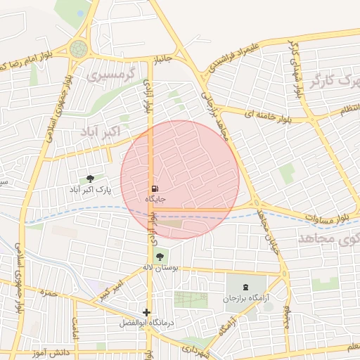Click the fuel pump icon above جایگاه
[154, 188]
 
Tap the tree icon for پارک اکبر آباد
[90, 179]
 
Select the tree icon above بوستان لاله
[160, 257]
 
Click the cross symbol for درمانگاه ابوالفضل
[146, 312]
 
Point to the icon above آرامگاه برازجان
[245, 287]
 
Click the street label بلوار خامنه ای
[266, 114]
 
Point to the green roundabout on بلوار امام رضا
[78, 49]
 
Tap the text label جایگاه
[155, 200]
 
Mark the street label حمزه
[48, 292]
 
